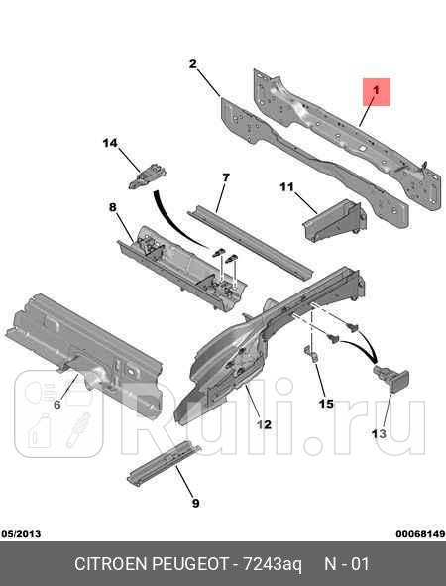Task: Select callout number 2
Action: pyautogui.click(x=192, y=64)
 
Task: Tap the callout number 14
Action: pyautogui.click(x=110, y=144)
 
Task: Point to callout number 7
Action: pyautogui.click(x=225, y=177)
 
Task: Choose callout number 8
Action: pyautogui.click(x=112, y=207)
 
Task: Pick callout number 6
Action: pyautogui.click(x=56, y=404)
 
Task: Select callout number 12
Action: pyautogui.click(x=263, y=424)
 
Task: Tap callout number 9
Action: pyautogui.click(x=195, y=503)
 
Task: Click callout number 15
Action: pyautogui.click(x=326, y=404)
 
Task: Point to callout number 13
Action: pyautogui.click(x=380, y=433)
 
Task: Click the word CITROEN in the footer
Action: pyautogui.click(x=114, y=564)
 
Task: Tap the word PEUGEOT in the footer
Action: pyautogui.click(x=194, y=564)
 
